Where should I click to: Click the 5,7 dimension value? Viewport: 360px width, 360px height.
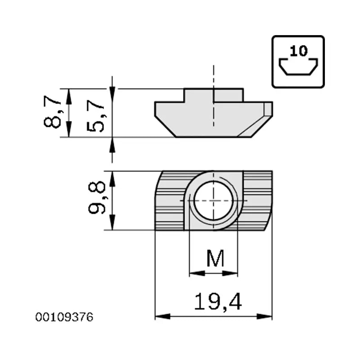click(96, 116)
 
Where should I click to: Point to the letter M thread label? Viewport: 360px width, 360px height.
click(215, 258)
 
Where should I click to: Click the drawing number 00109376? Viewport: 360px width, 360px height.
click(64, 317)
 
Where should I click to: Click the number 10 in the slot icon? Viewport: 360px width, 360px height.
click(298, 50)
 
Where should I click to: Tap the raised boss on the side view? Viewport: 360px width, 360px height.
click(214, 95)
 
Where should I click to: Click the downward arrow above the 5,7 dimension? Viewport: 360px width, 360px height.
click(112, 83)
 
